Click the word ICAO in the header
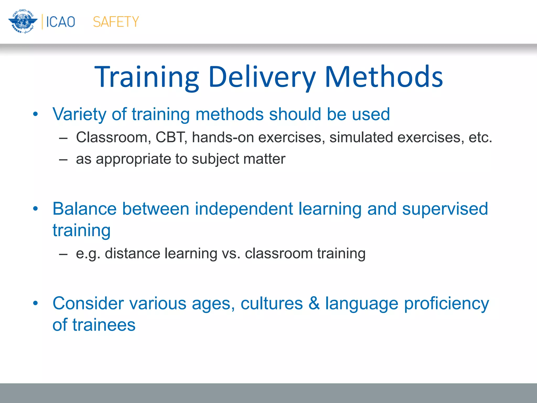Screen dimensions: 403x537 click(61, 22)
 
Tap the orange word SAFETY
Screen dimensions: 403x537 click(116, 22)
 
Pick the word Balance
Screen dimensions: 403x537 click(84, 209)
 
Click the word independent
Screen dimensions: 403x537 click(244, 209)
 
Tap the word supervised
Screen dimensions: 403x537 click(445, 209)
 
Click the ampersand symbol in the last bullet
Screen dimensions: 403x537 click(314, 304)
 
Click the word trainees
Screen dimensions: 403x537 click(104, 325)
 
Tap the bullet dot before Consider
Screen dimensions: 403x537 click(36, 303)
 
